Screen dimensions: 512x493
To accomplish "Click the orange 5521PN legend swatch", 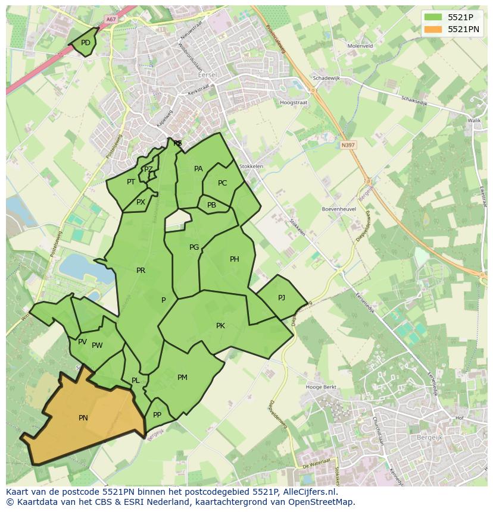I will click(433, 29).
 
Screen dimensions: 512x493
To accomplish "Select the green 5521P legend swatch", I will click(433, 17).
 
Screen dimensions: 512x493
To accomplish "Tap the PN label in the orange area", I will click(83, 418).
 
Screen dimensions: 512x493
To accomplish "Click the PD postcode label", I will click(86, 43).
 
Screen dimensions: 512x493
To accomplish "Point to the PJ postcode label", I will click(282, 298).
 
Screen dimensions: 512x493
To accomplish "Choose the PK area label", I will click(220, 326).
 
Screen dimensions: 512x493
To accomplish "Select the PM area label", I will click(182, 378).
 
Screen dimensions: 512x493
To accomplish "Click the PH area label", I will click(235, 259).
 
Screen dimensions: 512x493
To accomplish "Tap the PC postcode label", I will click(222, 183).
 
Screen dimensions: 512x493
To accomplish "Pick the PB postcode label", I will click(211, 205).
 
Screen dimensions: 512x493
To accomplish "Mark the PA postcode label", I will click(198, 169).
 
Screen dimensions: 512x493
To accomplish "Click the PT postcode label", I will click(131, 182).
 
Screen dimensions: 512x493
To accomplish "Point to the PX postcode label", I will click(141, 202).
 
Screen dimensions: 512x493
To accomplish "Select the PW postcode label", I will click(97, 345).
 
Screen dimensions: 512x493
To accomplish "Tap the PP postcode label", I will click(157, 415).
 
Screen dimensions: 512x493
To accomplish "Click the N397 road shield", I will click(348, 145).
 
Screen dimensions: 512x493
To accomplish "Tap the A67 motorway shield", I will click(110, 20).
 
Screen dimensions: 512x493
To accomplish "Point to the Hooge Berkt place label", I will click(321, 387).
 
